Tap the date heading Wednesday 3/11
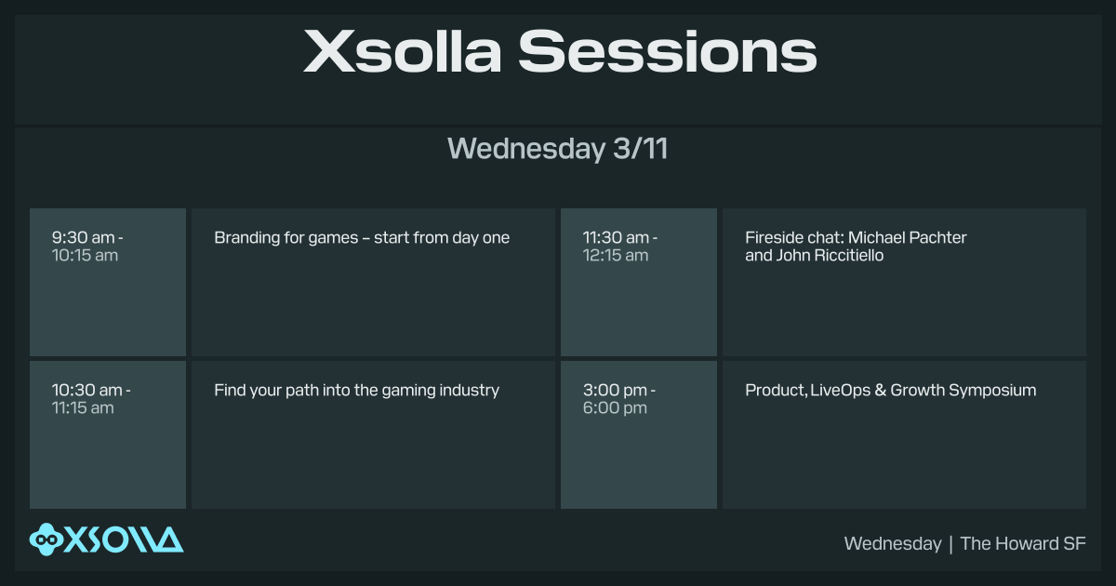pyautogui.click(x=557, y=149)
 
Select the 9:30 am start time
pyautogui.click(x=84, y=238)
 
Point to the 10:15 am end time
pyautogui.click(x=85, y=255)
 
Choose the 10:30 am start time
pyautogui.click(x=87, y=391)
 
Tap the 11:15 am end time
pyautogui.click(x=83, y=407)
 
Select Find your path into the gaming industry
pyautogui.click(x=356, y=391)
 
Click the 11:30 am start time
pyautogui.click(x=617, y=238)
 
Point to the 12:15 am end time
pyautogui.click(x=615, y=255)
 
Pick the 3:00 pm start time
pyautogui.click(x=615, y=391)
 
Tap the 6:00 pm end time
pyautogui.click(x=615, y=407)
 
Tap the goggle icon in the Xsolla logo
pyautogui.click(x=46, y=539)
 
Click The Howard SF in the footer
pyautogui.click(x=1023, y=544)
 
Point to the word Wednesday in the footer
pyautogui.click(x=892, y=544)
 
